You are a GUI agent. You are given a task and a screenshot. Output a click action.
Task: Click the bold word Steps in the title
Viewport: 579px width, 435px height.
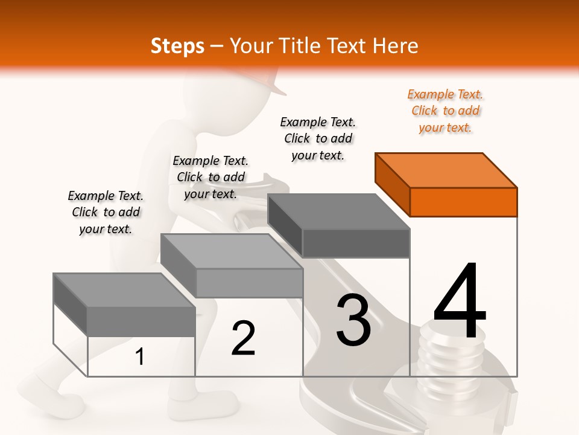click(177, 46)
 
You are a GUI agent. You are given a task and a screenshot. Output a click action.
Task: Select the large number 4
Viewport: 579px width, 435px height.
click(460, 302)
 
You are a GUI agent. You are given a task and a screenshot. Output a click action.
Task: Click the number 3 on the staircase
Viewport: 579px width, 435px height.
click(353, 320)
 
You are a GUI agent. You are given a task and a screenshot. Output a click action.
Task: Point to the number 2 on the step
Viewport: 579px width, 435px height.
click(243, 338)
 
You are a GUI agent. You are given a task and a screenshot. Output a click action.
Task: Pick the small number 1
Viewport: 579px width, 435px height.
click(140, 357)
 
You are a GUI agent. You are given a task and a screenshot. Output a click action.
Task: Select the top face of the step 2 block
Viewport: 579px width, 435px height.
click(232, 251)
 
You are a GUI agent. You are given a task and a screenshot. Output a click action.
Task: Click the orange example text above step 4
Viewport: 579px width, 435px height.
click(445, 111)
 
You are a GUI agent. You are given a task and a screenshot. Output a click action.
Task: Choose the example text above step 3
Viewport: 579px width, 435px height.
click(318, 138)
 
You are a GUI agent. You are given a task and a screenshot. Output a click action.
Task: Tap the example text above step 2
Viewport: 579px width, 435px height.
click(210, 177)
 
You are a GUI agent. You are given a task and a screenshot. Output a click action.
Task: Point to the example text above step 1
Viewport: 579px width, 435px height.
click(106, 212)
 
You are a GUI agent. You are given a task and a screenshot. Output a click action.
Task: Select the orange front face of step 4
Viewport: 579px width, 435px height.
click(463, 202)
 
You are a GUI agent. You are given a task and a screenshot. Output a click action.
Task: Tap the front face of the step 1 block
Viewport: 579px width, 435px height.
click(141, 321)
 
